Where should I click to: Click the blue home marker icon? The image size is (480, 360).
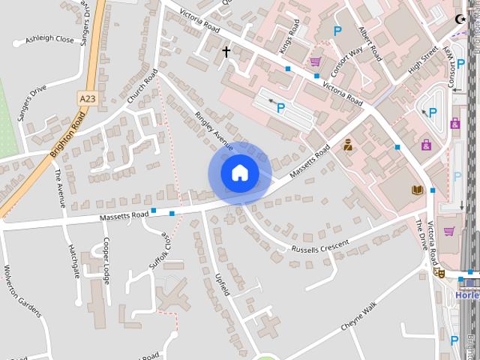coord(240,173)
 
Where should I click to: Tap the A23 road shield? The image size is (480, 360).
coord(88,97)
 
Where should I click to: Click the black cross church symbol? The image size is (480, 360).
coord(226,52)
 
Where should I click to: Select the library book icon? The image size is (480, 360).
coord(417,190)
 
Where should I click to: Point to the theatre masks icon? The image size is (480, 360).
coord(439,272)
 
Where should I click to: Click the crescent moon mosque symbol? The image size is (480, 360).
coord(460,20)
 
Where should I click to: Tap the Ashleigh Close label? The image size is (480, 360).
coord(49,39)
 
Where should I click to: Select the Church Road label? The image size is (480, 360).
coord(142,88)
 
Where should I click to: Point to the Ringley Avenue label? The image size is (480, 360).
coord(214,132)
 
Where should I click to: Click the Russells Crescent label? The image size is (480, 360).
coord(320,246)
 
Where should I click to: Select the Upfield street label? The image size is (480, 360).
coord(222,284)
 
